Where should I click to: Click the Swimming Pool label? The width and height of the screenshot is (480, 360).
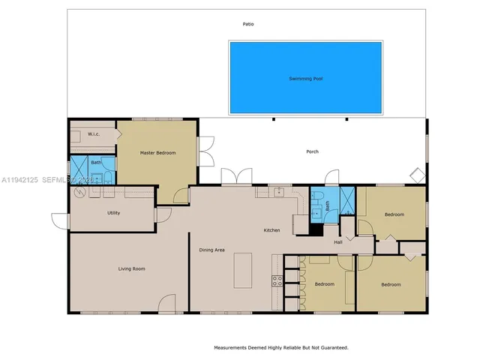click(x=304, y=79)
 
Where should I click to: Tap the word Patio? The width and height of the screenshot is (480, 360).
click(x=247, y=24)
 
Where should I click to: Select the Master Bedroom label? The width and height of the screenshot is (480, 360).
click(x=158, y=153)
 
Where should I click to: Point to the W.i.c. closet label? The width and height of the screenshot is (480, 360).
click(x=94, y=134)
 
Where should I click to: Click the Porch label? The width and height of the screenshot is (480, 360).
click(x=312, y=151)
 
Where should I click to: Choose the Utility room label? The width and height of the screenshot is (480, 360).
click(x=113, y=213)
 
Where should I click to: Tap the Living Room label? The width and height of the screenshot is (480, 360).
click(x=131, y=268)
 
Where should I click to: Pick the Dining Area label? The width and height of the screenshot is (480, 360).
click(x=211, y=250)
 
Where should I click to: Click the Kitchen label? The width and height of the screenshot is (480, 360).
click(x=271, y=230)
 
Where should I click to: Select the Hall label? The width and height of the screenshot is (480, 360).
click(x=338, y=242)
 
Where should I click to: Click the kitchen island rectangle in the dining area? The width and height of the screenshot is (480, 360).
click(x=244, y=271)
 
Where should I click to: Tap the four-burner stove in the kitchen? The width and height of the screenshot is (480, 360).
click(x=277, y=282)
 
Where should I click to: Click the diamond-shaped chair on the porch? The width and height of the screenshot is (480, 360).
click(x=415, y=175)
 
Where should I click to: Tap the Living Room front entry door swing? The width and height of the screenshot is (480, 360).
click(x=167, y=304)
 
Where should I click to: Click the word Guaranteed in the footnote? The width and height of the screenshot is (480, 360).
click(x=331, y=348)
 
